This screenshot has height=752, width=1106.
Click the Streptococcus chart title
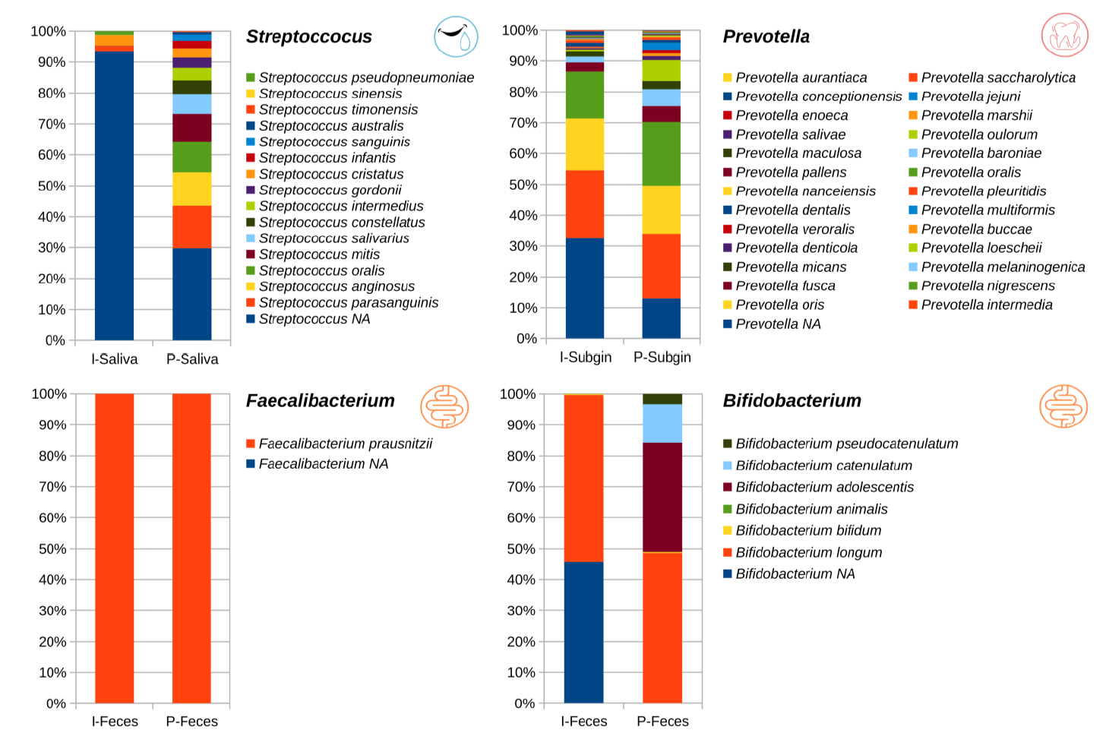coord(308,36)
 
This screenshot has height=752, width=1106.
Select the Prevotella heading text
coord(766,36)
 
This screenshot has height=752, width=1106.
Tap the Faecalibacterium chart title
coord(320,400)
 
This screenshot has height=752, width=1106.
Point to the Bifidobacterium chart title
coord(792,400)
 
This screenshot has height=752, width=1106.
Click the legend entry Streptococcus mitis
coord(319,254)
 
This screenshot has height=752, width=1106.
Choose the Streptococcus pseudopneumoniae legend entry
coord(365,77)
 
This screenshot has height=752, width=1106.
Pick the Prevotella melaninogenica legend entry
coord(1002,267)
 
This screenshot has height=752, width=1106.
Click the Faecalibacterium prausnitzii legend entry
coord(345,444)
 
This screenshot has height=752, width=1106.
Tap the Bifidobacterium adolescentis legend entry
coord(824,487)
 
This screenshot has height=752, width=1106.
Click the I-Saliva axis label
coord(114,359)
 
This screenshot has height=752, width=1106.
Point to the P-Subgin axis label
coord(662,357)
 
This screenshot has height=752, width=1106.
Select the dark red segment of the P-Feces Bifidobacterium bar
coord(662,497)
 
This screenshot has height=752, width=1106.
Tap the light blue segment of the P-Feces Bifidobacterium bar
coord(662,423)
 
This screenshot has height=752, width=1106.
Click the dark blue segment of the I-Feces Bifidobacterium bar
coord(583,632)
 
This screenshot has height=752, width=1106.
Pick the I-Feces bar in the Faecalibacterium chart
coord(114,548)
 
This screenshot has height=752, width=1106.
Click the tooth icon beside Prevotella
coord(1064,35)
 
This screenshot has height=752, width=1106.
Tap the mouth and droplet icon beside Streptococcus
coord(456,36)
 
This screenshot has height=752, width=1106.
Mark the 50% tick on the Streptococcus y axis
coord(52,186)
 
